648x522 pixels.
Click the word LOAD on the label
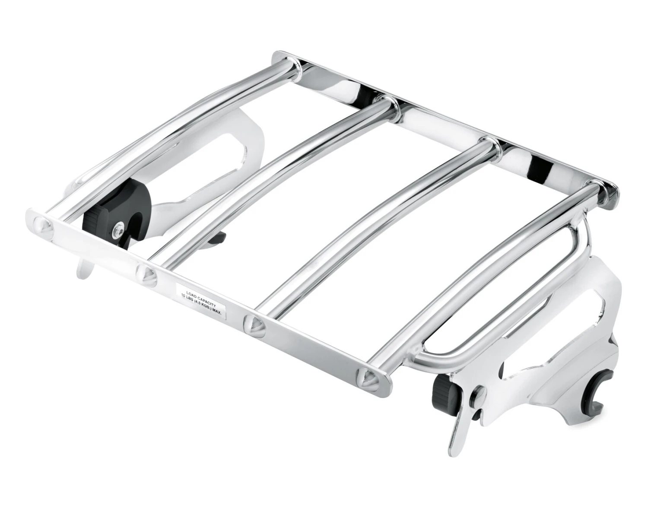(191, 293)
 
